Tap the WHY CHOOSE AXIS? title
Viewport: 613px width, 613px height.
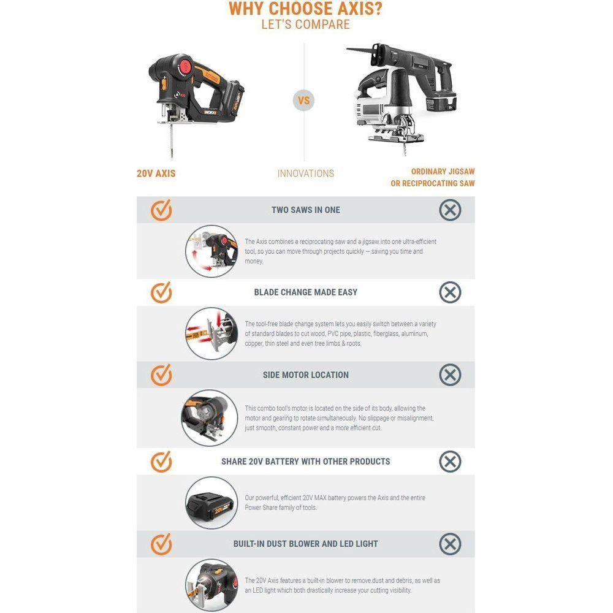pyautogui.click(x=305, y=9)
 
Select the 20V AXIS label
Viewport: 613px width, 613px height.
pyautogui.click(x=156, y=173)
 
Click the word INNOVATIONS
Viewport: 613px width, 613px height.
pyautogui.click(x=305, y=173)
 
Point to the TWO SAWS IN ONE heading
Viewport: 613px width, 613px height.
pyautogui.click(x=305, y=210)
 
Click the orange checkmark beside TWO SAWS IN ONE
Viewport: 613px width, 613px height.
pyautogui.click(x=161, y=210)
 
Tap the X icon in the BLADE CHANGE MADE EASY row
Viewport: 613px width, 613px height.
pyautogui.click(x=450, y=292)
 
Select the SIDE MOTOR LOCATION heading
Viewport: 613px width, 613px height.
pyautogui.click(x=305, y=375)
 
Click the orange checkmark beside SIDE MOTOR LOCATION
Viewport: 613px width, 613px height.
pyautogui.click(x=161, y=375)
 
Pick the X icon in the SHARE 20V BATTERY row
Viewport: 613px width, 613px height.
pyautogui.click(x=450, y=462)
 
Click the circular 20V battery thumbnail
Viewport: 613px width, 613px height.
pyautogui.click(x=211, y=503)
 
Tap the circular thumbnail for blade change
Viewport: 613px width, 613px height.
pyautogui.click(x=211, y=333)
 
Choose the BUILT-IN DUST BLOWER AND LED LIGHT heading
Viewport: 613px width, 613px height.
pyautogui.click(x=305, y=544)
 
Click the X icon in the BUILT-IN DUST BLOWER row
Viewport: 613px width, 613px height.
pyautogui.click(x=450, y=544)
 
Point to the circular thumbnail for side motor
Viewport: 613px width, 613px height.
pyautogui.click(x=209, y=417)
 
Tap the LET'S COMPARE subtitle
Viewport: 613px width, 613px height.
pyautogui.click(x=305, y=25)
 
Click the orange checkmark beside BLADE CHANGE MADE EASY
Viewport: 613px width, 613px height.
pyautogui.click(x=161, y=292)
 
